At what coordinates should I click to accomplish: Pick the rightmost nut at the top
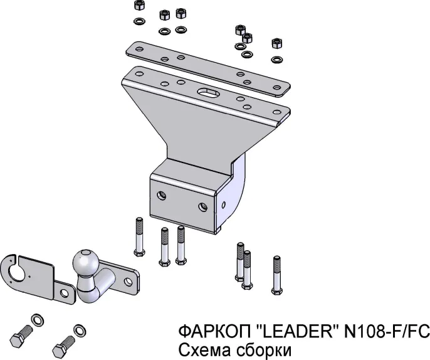click(x=277, y=44)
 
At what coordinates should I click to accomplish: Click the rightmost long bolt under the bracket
click(x=277, y=275)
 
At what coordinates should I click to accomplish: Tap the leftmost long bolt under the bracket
click(x=139, y=236)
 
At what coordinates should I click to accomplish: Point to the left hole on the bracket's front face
click(x=162, y=196)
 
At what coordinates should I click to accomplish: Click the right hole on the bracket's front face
click(x=203, y=207)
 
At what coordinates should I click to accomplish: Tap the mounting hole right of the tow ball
click(x=128, y=281)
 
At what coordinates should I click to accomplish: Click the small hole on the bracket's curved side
click(x=224, y=204)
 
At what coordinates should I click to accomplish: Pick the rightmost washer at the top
click(x=277, y=59)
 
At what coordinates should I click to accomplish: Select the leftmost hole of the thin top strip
click(x=139, y=50)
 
